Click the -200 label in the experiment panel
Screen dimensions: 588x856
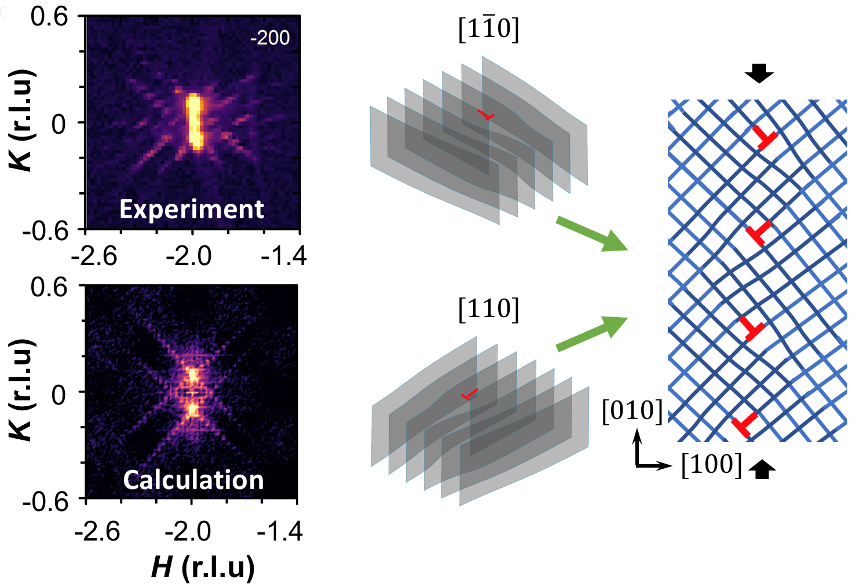[270, 38]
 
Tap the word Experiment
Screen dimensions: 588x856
[192, 209]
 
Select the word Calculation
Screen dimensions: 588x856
[193, 480]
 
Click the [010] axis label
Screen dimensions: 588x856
[632, 411]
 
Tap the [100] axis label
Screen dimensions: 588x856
[711, 464]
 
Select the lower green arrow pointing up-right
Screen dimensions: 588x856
[591, 333]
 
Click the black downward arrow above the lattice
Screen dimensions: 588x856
[759, 73]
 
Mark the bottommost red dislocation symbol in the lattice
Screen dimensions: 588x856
[744, 425]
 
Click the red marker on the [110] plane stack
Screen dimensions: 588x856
[470, 395]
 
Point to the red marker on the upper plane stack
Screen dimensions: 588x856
[486, 115]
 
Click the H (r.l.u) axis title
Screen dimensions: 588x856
[203, 567]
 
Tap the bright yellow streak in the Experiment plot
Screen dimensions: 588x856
[195, 122]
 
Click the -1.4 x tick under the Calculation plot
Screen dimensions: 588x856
[280, 531]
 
